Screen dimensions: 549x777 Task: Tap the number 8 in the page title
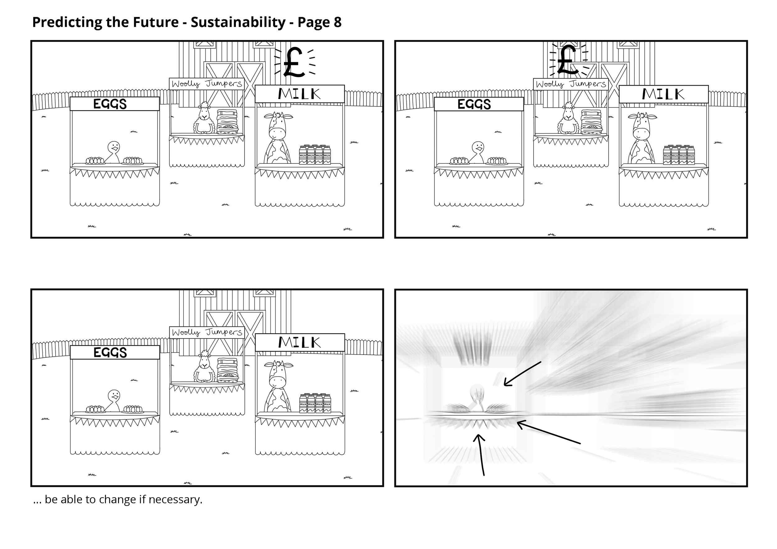pyautogui.click(x=338, y=22)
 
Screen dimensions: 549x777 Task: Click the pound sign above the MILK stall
pyautogui.click(x=293, y=62)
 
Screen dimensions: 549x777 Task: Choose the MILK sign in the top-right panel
pyautogui.click(x=663, y=94)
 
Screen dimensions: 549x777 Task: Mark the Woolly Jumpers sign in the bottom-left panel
pyautogui.click(x=207, y=332)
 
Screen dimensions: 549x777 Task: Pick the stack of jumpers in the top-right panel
pyautogui.click(x=591, y=122)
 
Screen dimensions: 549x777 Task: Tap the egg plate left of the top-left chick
pyautogui.click(x=95, y=161)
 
